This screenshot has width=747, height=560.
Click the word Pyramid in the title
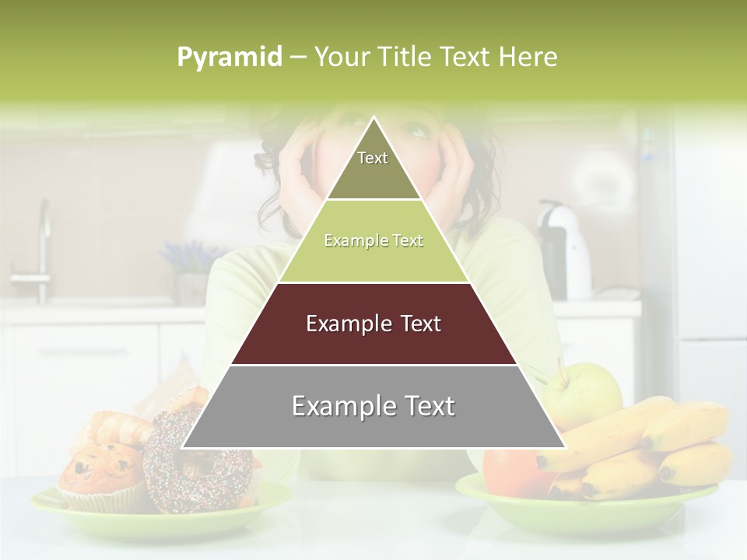coord(229,58)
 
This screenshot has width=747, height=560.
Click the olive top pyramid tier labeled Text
coord(373,167)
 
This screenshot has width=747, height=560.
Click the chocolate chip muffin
coord(101,474)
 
